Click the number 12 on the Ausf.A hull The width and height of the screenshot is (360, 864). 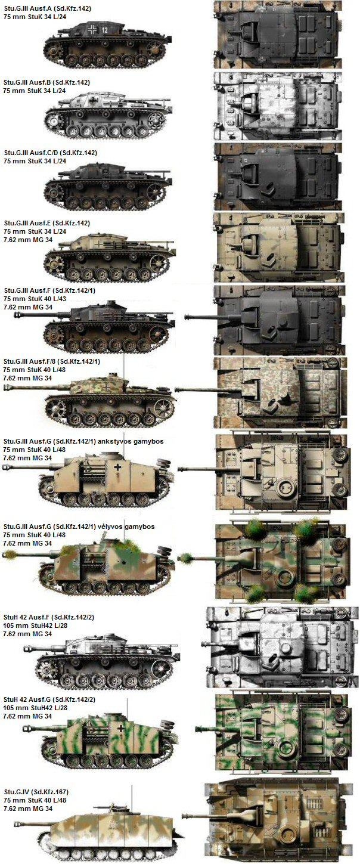(x=105, y=29)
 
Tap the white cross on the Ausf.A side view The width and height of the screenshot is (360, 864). (x=92, y=29)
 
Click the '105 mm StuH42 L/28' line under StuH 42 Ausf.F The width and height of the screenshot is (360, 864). (x=35, y=625)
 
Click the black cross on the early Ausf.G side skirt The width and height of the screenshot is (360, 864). (x=117, y=467)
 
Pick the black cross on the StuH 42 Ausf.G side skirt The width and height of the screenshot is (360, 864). (x=121, y=728)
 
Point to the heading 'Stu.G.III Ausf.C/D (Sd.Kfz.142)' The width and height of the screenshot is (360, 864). (x=50, y=153)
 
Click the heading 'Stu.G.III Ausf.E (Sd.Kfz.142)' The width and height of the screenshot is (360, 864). (x=46, y=224)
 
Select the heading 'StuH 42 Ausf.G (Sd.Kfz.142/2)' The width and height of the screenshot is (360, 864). (x=49, y=699)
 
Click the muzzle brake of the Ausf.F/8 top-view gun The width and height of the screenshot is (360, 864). (x=182, y=389)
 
